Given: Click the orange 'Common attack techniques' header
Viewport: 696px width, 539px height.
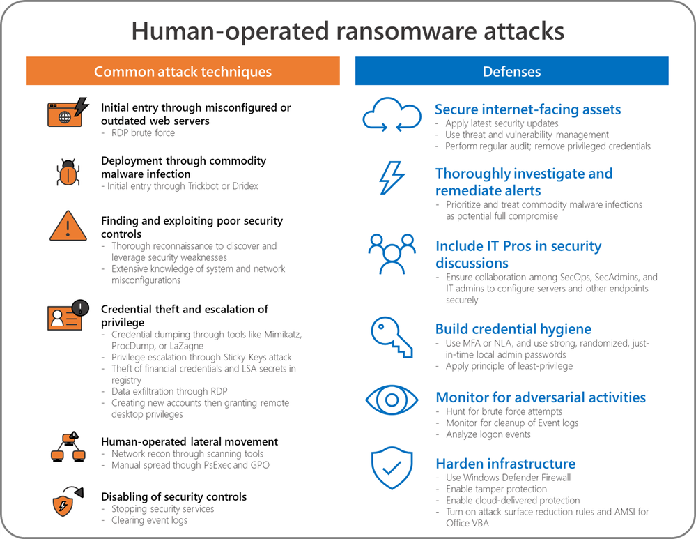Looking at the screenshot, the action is click(183, 70).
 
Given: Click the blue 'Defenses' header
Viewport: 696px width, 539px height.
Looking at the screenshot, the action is click(512, 70).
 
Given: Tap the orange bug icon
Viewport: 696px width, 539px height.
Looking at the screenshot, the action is click(68, 172).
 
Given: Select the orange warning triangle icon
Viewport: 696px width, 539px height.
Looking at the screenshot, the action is click(68, 226).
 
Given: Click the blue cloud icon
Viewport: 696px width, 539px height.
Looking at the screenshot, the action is click(392, 114).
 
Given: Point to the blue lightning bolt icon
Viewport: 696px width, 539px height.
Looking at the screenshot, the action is click(392, 178).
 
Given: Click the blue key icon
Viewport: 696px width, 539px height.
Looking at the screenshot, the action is click(392, 337).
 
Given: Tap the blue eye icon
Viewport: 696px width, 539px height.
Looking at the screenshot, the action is click(392, 400).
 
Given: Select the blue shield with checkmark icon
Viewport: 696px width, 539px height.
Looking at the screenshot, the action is click(392, 468).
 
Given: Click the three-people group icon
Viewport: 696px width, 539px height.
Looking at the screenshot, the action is click(392, 254).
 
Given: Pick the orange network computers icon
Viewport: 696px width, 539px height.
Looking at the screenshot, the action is click(68, 446).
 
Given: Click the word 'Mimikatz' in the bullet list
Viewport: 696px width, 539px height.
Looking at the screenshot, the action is click(283, 334).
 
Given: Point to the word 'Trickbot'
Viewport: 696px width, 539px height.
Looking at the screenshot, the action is click(203, 185).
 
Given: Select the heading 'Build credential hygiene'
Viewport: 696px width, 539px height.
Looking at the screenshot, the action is click(513, 329).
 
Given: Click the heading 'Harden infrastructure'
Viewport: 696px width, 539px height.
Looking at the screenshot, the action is click(506, 464).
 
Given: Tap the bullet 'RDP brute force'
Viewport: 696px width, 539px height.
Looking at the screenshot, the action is click(143, 133).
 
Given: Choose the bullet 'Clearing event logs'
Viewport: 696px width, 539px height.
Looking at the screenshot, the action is click(149, 520).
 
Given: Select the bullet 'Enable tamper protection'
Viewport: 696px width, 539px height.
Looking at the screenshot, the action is click(496, 489).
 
